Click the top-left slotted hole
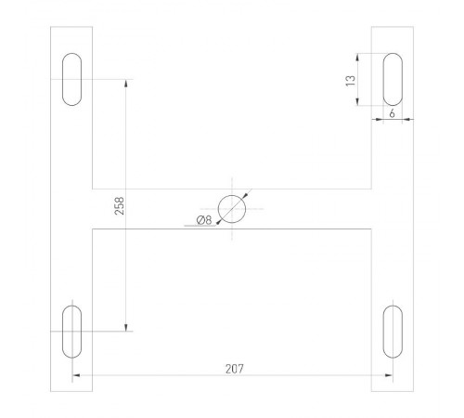[x=71, y=80]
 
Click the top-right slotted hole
[x=392, y=80]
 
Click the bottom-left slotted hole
[x=71, y=331]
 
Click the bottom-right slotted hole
[x=392, y=331]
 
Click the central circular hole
[x=232, y=209]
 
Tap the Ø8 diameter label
[x=204, y=220]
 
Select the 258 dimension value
[x=119, y=205]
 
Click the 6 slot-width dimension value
[x=393, y=111]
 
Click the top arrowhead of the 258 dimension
[x=125, y=84]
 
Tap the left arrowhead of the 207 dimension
[x=76, y=375]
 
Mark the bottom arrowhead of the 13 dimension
[x=360, y=102]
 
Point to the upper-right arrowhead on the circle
[x=245, y=196]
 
